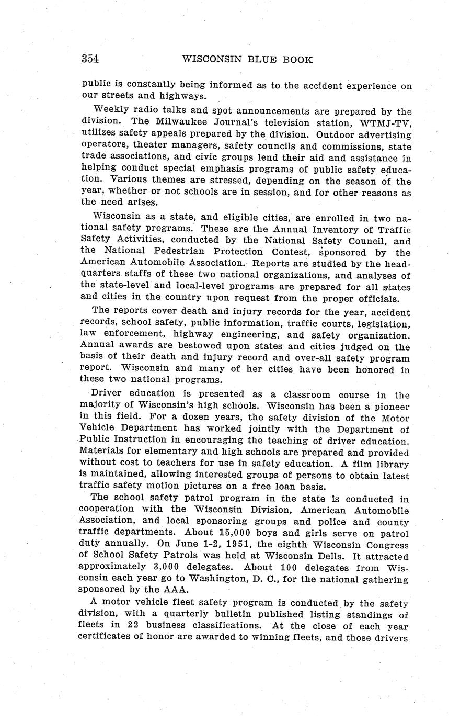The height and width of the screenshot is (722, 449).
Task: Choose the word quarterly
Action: (171, 615)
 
